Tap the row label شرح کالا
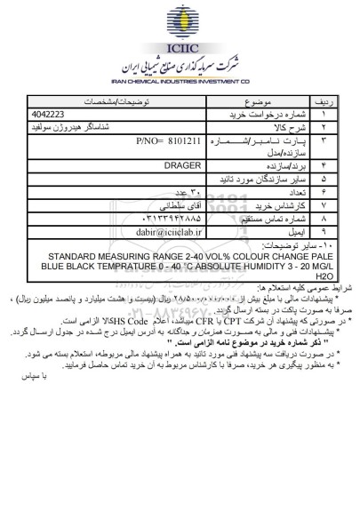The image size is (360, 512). tap(295, 127)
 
